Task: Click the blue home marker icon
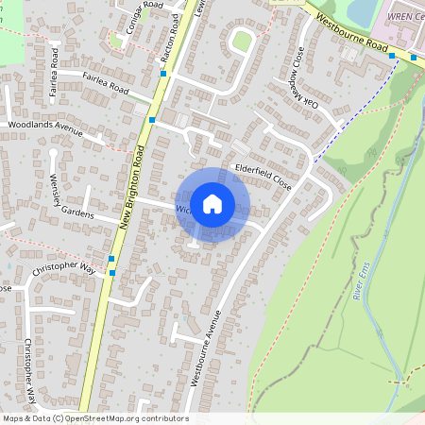pos(212,204)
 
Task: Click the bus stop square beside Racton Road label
pos(163,73)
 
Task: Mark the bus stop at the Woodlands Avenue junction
pos(151,120)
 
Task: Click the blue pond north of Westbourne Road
pos(362,10)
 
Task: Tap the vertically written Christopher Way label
pos(29,373)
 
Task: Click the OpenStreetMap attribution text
pos(95,418)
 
